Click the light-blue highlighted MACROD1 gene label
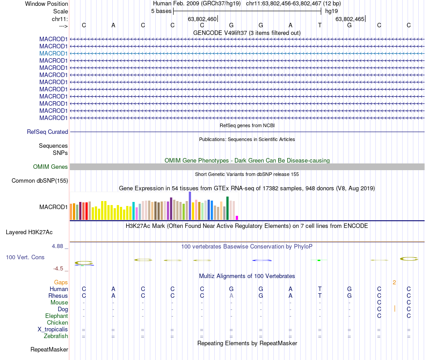[x=53, y=53]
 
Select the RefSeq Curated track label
[x=47, y=132]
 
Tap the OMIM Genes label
[x=51, y=167]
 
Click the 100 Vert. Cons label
[x=25, y=257]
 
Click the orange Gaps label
[x=61, y=283]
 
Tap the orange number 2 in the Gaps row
[x=394, y=283]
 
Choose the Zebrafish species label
[x=56, y=336]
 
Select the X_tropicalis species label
[x=53, y=330]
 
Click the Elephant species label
[x=56, y=316]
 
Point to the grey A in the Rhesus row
[x=231, y=296]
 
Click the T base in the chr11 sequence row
[x=320, y=25]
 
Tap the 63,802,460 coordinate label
[x=202, y=19]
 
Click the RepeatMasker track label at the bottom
[x=49, y=349]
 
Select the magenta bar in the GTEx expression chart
[x=237, y=218]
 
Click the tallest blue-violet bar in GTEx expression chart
[x=190, y=206]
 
